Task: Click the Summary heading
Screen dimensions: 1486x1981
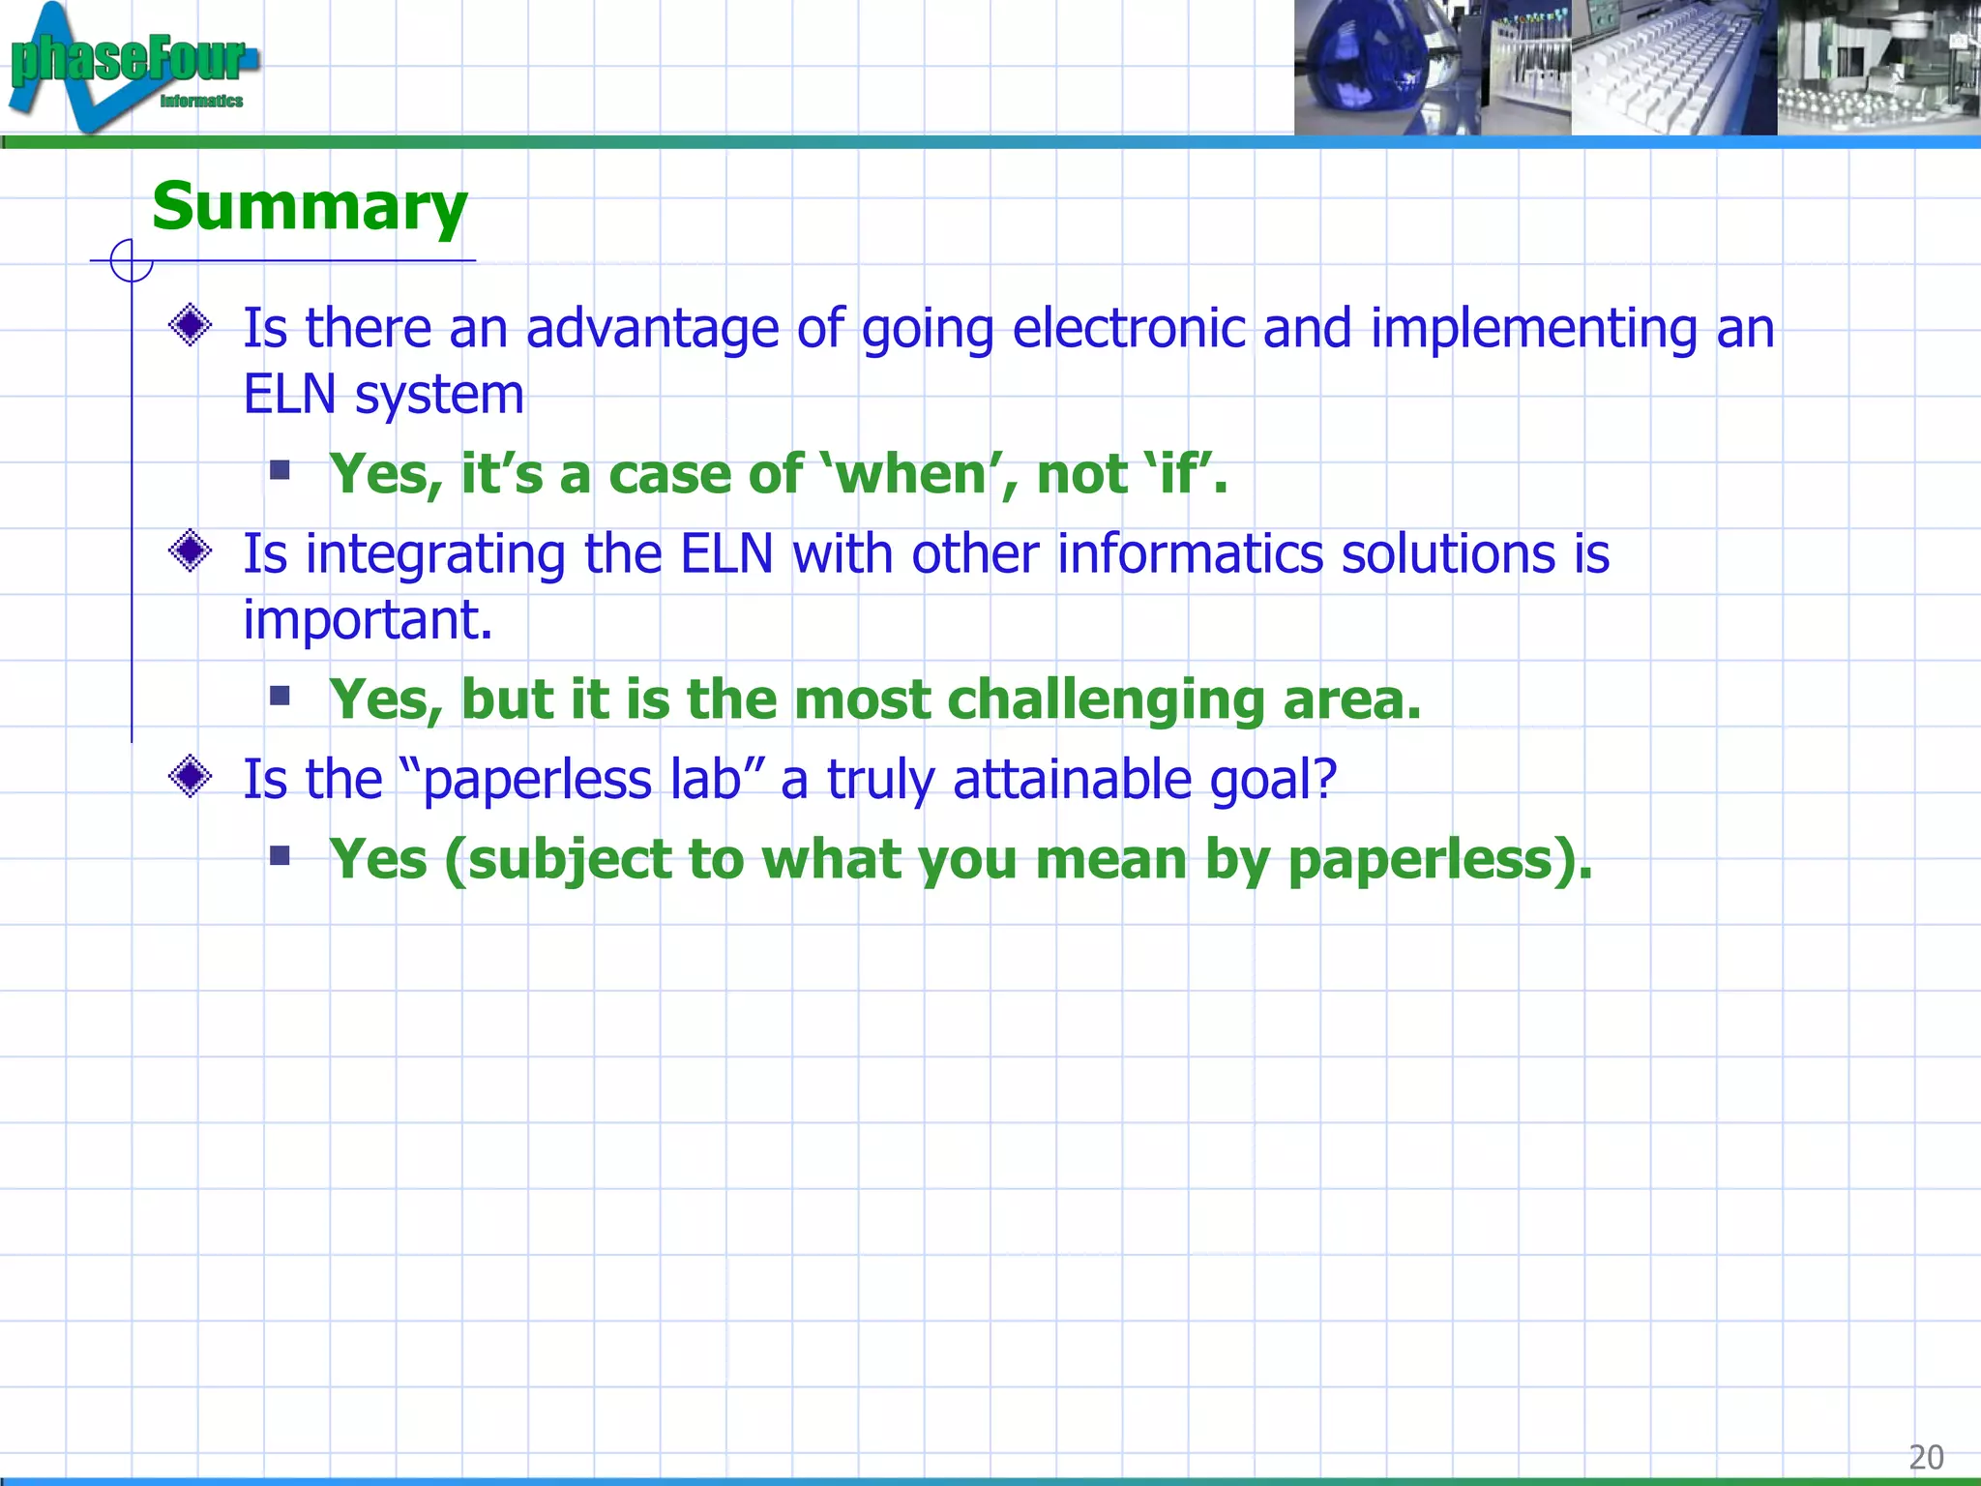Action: [310, 207]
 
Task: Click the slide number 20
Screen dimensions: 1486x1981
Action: [1925, 1457]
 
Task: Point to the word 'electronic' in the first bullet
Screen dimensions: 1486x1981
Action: [1128, 329]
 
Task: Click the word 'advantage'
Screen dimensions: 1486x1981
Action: [652, 329]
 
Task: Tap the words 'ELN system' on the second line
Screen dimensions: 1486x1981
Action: [383, 395]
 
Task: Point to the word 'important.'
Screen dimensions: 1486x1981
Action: [368, 620]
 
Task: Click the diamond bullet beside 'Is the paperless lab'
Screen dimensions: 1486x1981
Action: [191, 776]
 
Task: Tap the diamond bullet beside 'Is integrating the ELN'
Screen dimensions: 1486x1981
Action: [191, 551]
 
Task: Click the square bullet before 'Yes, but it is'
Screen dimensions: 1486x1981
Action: [281, 696]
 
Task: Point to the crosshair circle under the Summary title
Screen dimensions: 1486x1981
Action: [132, 260]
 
